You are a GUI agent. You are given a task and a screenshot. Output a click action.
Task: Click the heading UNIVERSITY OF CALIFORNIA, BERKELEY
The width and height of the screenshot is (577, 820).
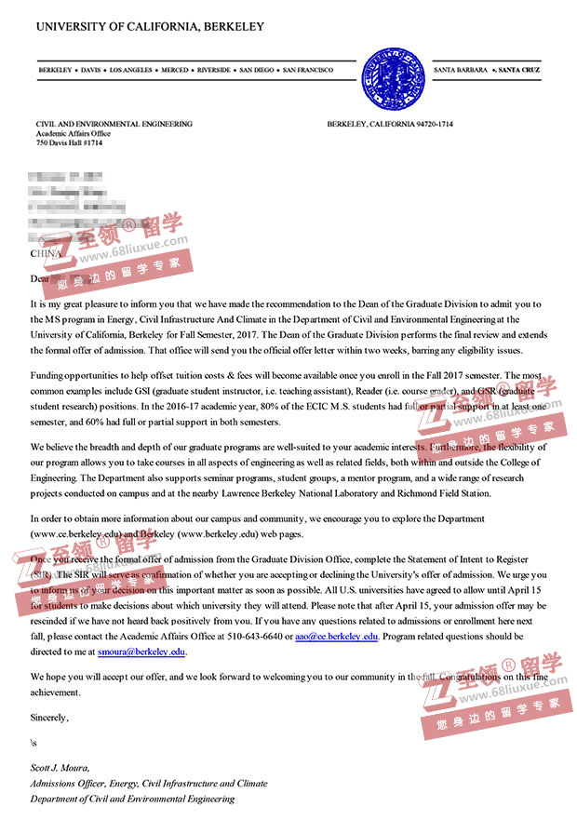coord(150,27)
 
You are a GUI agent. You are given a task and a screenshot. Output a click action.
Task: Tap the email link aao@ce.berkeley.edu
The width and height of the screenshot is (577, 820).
coord(336,637)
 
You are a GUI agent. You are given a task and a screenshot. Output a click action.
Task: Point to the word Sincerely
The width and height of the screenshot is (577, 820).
coord(49,718)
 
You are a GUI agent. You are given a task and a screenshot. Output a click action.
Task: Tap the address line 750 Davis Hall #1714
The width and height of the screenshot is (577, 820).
coord(70,142)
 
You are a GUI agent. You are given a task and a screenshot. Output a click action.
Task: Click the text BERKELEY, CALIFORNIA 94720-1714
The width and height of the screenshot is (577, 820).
coord(390,124)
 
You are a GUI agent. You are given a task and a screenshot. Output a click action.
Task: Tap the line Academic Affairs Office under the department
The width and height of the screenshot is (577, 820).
coord(73,133)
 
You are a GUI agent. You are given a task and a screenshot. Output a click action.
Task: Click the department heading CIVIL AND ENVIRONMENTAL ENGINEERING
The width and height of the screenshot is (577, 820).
coord(114,124)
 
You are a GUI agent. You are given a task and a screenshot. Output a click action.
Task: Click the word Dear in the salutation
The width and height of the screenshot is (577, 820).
coord(40,277)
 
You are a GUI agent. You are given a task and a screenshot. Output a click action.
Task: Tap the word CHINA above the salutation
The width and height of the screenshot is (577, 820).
coord(46,253)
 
